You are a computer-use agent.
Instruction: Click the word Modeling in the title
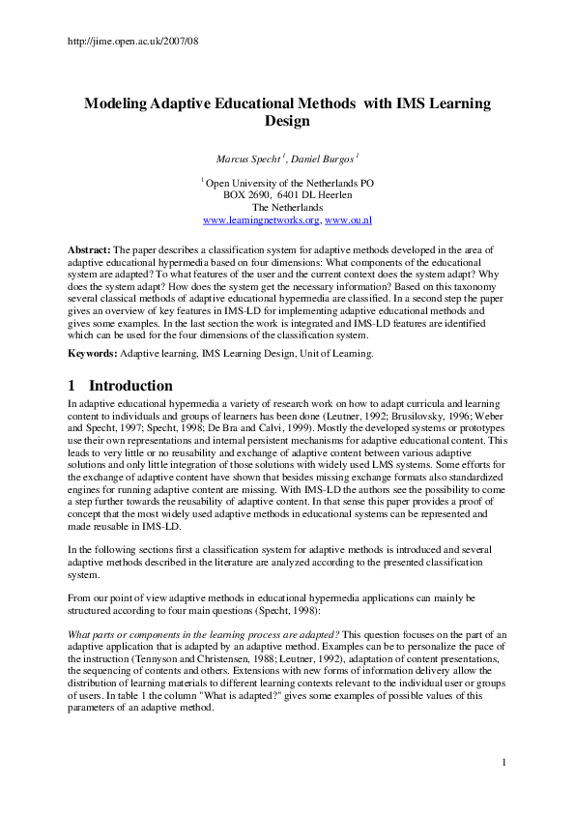(x=115, y=103)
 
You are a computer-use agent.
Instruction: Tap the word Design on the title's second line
(x=287, y=122)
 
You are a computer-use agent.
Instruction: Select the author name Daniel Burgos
(x=327, y=157)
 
